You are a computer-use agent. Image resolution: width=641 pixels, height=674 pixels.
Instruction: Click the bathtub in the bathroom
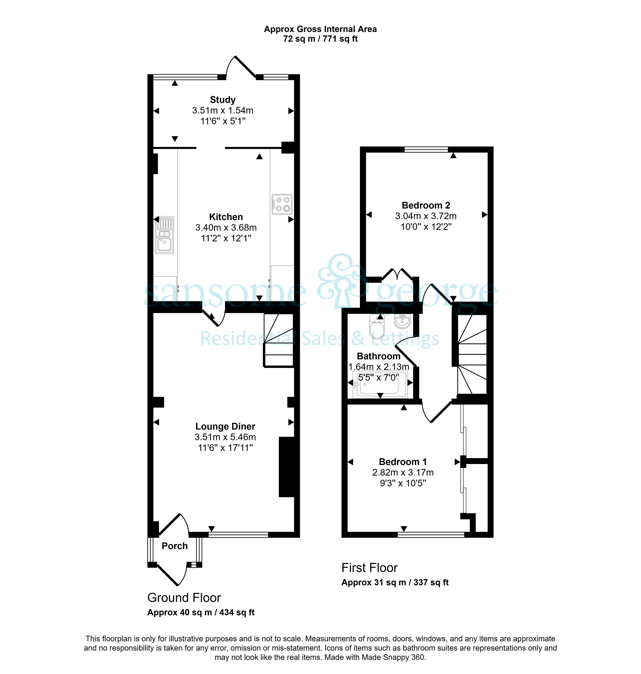(x=380, y=385)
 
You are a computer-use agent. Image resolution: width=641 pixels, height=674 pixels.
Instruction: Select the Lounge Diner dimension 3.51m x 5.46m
(x=225, y=437)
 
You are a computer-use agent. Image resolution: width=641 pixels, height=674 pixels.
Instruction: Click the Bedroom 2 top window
(x=426, y=149)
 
